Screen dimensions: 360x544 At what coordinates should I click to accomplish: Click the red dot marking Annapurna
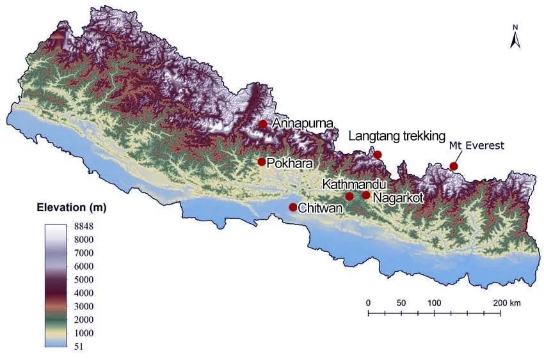(x=262, y=124)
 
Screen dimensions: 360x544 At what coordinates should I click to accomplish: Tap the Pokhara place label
(x=290, y=163)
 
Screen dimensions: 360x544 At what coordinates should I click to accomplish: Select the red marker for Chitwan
(x=292, y=207)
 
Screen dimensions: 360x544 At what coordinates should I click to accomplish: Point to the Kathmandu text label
(x=354, y=184)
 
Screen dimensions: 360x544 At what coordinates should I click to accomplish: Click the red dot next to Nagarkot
(x=365, y=195)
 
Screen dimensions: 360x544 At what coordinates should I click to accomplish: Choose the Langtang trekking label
(x=396, y=136)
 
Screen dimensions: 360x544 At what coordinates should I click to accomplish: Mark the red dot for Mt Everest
(x=454, y=166)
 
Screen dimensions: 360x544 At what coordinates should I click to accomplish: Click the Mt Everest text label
(x=476, y=146)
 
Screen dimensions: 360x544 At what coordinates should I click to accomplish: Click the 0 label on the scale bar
(x=368, y=302)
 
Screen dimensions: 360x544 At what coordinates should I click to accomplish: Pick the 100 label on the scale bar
(x=434, y=302)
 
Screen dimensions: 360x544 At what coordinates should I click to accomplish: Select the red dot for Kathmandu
(x=349, y=196)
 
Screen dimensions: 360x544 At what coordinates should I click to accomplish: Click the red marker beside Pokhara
(x=262, y=162)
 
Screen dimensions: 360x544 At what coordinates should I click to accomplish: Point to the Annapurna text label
(x=300, y=123)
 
